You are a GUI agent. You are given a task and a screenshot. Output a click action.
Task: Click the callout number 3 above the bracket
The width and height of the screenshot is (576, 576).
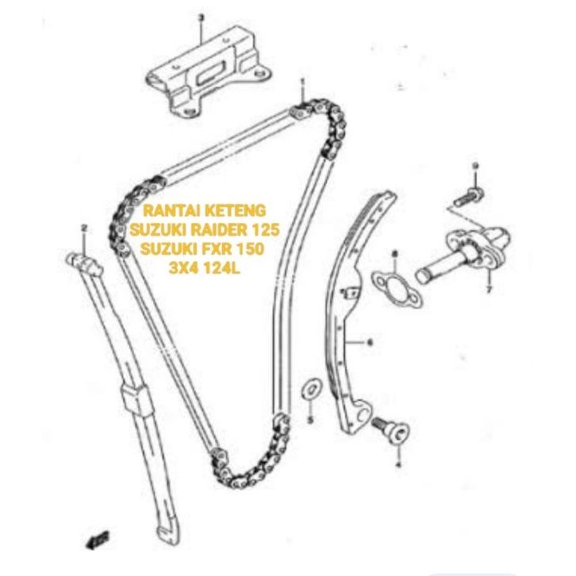201,16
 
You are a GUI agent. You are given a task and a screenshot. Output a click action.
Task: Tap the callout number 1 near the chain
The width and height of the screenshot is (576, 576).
302,82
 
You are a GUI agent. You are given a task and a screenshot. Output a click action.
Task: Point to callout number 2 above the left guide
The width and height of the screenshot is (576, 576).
83,229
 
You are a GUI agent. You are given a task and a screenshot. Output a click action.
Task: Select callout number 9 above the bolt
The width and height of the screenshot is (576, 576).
475,165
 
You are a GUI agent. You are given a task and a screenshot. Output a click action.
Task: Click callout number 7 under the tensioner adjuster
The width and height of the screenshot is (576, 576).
489,291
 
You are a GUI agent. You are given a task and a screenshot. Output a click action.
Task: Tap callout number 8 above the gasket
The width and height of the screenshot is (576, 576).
394,254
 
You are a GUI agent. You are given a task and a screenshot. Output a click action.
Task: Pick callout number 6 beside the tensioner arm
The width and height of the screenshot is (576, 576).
369,343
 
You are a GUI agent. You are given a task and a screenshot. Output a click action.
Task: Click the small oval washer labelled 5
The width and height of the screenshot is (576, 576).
311,388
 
